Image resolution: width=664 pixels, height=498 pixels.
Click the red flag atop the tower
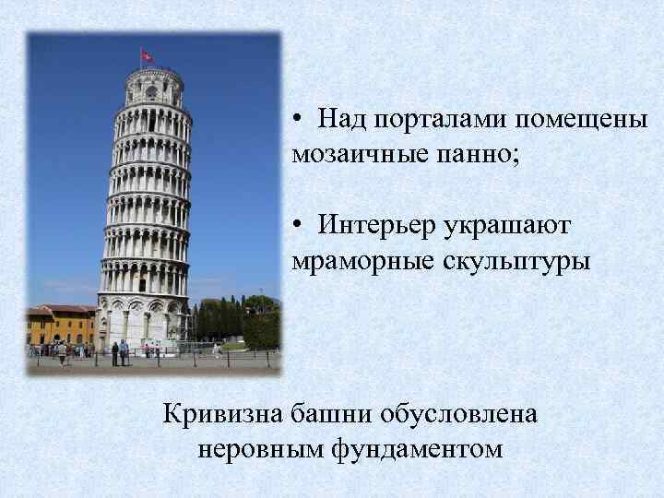point(147,55)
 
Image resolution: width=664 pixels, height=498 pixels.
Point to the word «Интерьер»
point(376,226)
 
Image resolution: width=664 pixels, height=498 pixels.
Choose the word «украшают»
point(511,226)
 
